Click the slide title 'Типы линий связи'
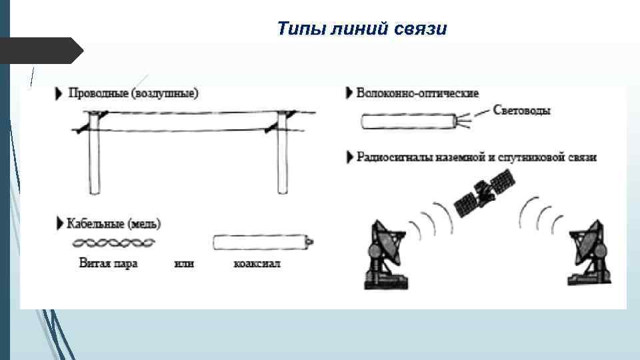pos(362,29)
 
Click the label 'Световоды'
pos(522,111)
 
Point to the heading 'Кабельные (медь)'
pos(114,222)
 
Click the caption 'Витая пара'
pos(108,263)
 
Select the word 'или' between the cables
pos(184,263)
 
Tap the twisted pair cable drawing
pos(114,242)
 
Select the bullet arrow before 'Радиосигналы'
pos(350,158)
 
